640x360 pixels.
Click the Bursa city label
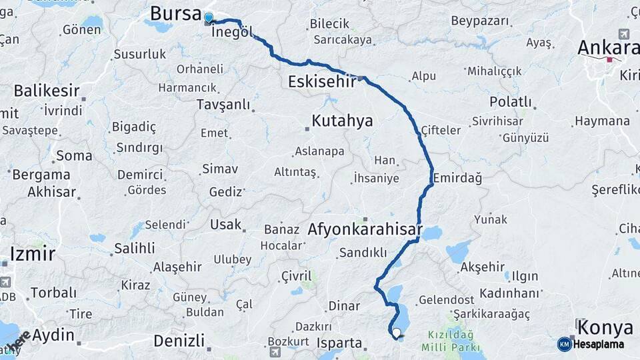click(175, 13)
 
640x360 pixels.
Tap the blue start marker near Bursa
click(209, 19)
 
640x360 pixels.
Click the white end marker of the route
click(397, 333)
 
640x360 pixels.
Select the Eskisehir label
click(323, 81)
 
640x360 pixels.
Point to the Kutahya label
click(342, 121)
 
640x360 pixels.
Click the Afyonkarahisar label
click(365, 230)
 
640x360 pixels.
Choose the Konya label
click(605, 327)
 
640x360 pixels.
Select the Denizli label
click(179, 341)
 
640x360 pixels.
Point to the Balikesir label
click(47, 91)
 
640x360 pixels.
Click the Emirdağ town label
click(457, 179)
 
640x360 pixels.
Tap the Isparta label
click(339, 344)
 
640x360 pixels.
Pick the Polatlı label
click(511, 102)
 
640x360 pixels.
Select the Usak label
click(225, 224)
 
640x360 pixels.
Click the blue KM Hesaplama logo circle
click(564, 344)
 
